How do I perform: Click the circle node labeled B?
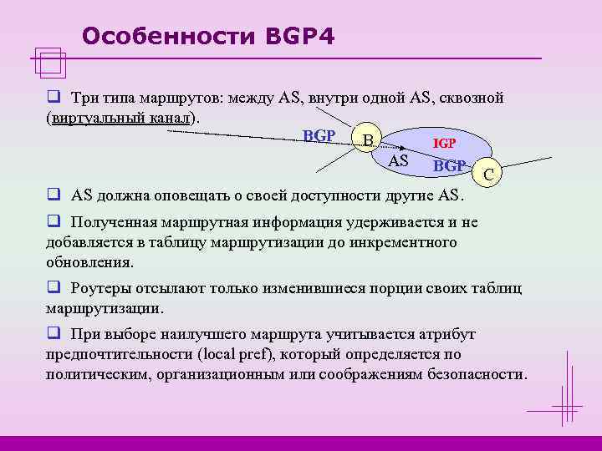(367, 139)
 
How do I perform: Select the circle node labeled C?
(488, 175)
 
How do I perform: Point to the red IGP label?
(444, 144)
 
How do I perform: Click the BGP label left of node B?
(319, 135)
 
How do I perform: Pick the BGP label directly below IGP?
(449, 165)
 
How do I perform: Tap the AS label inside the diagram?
(399, 160)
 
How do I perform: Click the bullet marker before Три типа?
(52, 99)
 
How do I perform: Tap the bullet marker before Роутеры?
(52, 289)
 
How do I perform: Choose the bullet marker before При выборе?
(52, 334)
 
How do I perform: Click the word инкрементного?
(407, 242)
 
